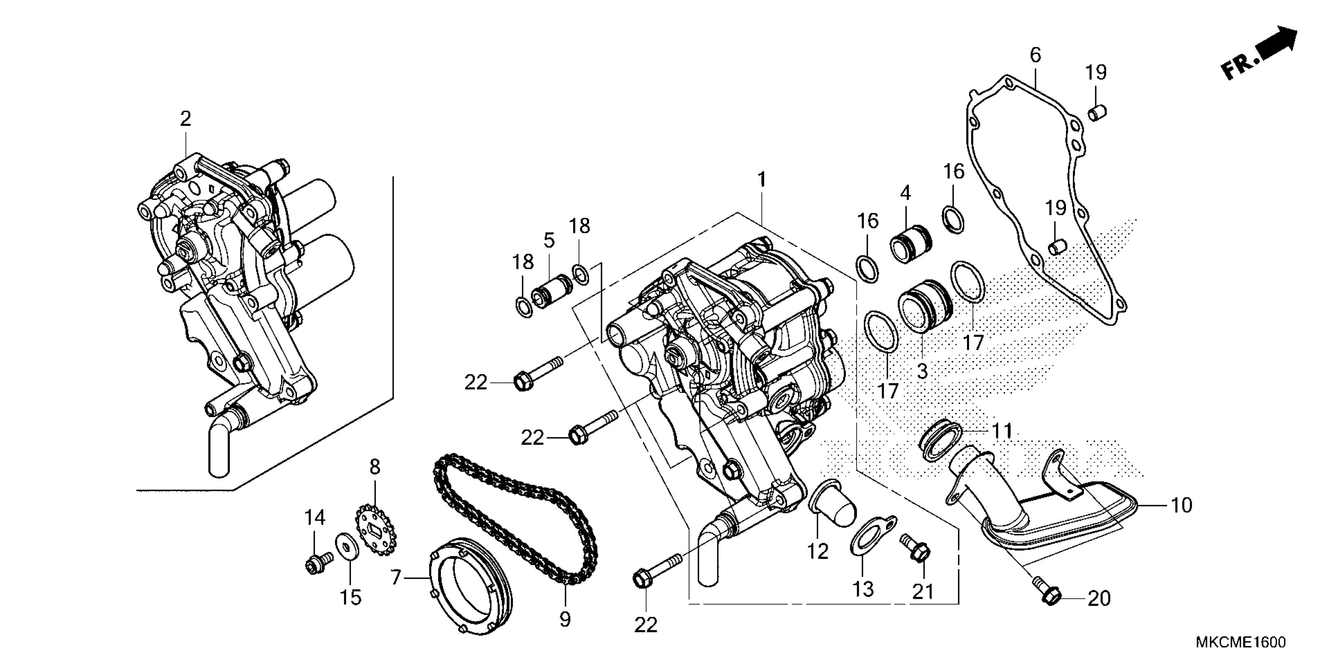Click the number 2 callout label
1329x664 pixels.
(185, 120)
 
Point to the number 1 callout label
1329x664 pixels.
(761, 180)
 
